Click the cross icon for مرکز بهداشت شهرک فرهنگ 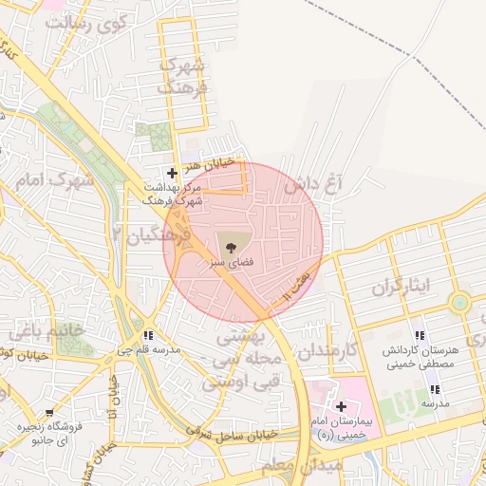click(x=172, y=173)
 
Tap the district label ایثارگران click(x=400, y=286)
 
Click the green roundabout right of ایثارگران click(x=460, y=303)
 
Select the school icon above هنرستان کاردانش click(x=420, y=336)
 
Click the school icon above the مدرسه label click(x=435, y=389)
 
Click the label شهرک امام click(x=57, y=179)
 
